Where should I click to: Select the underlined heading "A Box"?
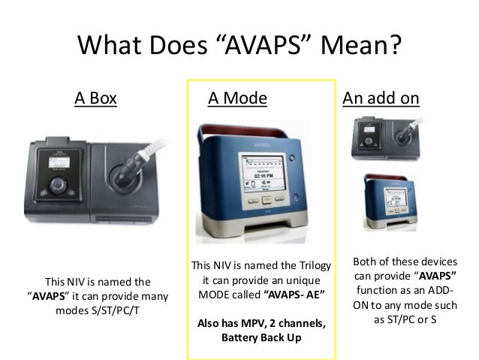click(x=95, y=98)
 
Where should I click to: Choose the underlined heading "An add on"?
click(x=381, y=98)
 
